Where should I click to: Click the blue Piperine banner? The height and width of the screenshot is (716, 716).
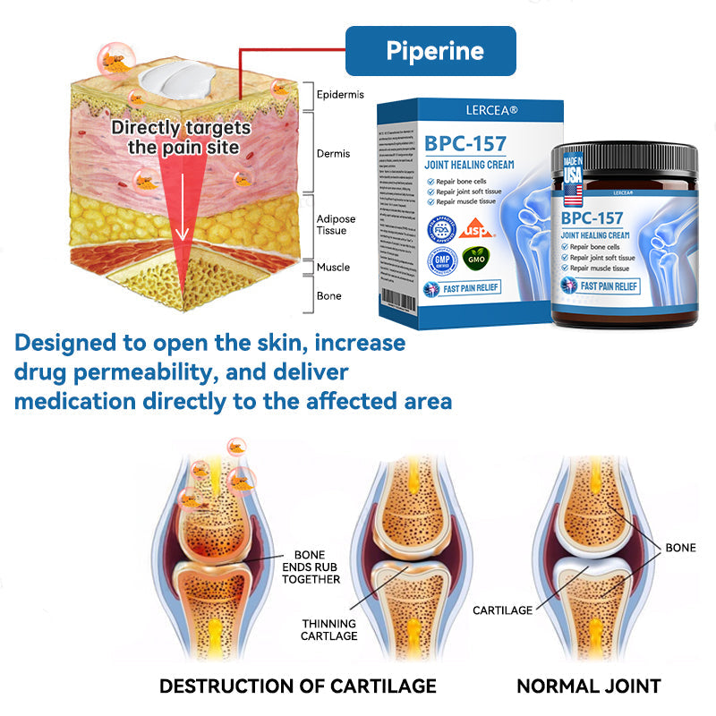tap(430, 50)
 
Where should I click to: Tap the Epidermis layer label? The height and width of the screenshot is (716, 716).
tap(340, 95)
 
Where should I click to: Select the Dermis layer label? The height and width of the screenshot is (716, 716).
tap(333, 154)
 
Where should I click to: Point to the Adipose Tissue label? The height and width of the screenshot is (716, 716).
tap(336, 225)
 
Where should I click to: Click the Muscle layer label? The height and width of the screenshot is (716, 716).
tap(333, 268)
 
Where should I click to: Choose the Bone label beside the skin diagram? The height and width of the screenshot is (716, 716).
tap(328, 296)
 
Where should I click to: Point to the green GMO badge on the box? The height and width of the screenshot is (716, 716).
tap(477, 260)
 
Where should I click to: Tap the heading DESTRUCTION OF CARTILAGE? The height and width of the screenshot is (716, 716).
tap(297, 686)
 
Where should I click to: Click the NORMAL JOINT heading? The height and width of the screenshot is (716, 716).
tap(588, 686)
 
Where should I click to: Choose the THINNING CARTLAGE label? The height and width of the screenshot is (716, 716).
tap(328, 629)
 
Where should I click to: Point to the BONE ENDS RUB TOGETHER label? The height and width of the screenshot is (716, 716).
tap(311, 567)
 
